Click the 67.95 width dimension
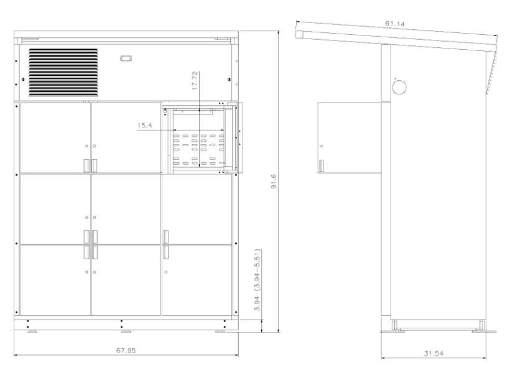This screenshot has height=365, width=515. click(126, 351)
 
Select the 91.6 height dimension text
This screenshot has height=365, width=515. click(274, 182)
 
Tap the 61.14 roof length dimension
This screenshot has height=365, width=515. click(395, 24)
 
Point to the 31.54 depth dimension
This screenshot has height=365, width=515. click(434, 354)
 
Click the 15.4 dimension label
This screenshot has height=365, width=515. click(145, 126)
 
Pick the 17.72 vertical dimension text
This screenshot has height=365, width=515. click(195, 81)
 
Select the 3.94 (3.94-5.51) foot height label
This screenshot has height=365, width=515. click(257, 280)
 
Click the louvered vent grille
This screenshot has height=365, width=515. click(63, 73)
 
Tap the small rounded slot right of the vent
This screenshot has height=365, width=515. click(126, 58)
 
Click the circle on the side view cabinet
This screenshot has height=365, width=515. click(399, 88)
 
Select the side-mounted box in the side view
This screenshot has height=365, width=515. click(350, 138)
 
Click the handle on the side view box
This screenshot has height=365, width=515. click(321, 166)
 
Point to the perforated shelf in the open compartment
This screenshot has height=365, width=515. click(198, 149)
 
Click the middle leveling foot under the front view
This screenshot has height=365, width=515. click(126, 331)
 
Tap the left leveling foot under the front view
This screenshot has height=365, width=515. click(32, 331)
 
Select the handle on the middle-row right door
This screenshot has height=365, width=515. click(166, 237)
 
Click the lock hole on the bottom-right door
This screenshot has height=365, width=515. click(166, 272)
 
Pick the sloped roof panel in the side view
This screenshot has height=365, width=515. click(396, 37)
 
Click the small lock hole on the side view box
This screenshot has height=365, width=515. click(321, 146)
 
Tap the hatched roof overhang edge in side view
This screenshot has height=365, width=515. click(491, 73)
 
